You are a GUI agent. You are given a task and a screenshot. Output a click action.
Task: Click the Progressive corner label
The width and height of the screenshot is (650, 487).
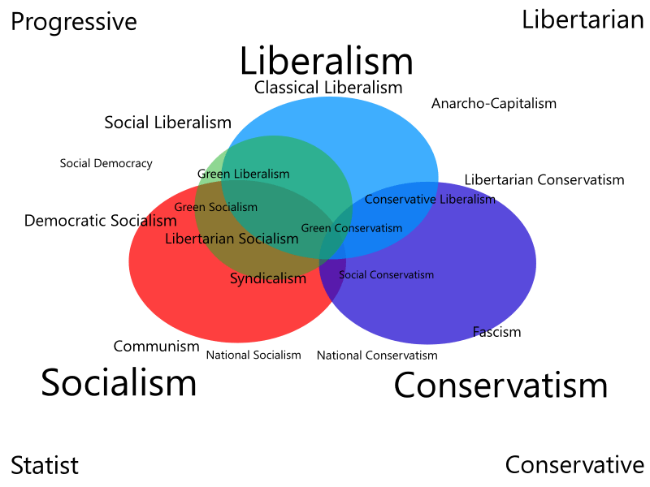point(73,22)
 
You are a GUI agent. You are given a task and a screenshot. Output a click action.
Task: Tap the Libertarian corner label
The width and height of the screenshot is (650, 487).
point(583,19)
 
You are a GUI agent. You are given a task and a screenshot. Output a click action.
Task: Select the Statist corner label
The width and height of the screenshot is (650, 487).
point(45,465)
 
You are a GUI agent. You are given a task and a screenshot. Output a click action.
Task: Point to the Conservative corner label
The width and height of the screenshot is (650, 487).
point(574,465)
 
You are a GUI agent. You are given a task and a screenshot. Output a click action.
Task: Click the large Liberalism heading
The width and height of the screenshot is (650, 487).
point(326,62)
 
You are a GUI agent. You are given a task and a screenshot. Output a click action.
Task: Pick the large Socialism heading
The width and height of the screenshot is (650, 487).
point(119,382)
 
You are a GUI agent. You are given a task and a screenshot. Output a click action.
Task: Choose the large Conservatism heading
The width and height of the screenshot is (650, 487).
point(500,386)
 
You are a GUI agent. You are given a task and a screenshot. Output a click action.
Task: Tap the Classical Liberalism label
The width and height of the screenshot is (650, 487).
point(328,87)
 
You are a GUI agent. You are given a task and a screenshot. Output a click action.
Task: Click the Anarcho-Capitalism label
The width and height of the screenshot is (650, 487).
point(494,104)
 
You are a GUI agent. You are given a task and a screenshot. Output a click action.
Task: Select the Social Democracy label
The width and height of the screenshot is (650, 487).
point(106,163)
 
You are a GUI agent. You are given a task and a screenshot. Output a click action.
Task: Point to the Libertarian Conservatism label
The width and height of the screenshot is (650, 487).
point(544,179)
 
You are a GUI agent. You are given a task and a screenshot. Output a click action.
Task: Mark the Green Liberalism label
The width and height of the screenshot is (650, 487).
point(243,174)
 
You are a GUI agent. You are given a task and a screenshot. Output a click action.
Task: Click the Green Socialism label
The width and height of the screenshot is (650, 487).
point(215,207)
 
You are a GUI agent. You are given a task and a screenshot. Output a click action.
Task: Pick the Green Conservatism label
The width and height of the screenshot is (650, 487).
point(351,228)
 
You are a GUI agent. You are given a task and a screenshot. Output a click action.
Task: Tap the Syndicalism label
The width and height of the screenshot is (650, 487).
point(268,279)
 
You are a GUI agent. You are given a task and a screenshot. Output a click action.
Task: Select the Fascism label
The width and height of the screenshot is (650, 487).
point(496,332)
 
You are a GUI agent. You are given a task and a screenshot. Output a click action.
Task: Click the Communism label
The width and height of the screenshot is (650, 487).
point(156,347)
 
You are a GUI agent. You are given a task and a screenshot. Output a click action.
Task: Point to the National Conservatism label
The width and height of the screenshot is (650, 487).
point(376,356)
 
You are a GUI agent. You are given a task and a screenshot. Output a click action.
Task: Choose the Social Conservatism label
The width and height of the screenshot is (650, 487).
point(386,275)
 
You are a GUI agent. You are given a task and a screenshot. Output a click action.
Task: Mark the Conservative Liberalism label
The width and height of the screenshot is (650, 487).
point(429,199)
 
